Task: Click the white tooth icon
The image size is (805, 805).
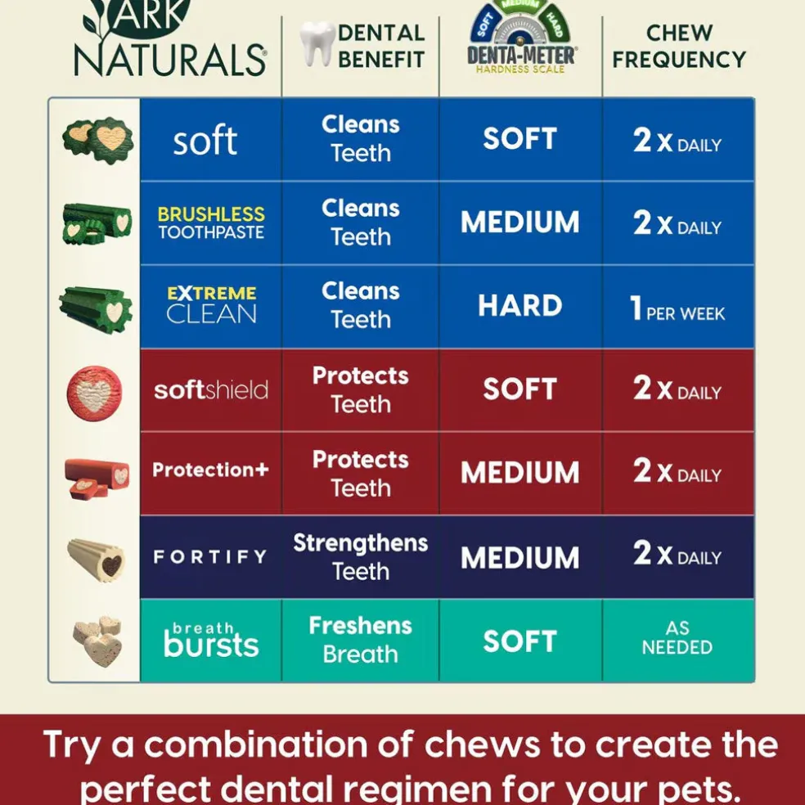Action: [x=317, y=43]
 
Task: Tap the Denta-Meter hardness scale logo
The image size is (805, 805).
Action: [x=522, y=37]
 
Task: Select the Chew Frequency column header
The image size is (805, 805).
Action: [x=679, y=46]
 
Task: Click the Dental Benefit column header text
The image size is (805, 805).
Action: [x=381, y=46]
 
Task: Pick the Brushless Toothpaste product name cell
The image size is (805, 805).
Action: [x=211, y=223]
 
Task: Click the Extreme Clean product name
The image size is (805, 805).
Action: [x=212, y=305]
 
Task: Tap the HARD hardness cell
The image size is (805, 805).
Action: [x=520, y=306]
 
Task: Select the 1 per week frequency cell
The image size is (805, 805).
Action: [x=677, y=307]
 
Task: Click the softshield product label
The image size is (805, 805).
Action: [x=211, y=389]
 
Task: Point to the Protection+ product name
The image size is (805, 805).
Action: [x=210, y=470]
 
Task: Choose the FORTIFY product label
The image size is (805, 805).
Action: [x=210, y=556]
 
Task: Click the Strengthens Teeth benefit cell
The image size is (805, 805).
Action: [x=361, y=557]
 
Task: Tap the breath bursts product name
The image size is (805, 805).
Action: [x=211, y=640]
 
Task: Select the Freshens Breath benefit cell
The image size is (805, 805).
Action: [x=361, y=641]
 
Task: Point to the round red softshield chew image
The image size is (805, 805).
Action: [x=94, y=393]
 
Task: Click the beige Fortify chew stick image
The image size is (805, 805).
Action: [x=96, y=560]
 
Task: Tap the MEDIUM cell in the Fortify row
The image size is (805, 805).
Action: [x=520, y=557]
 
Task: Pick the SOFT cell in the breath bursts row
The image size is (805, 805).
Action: [x=520, y=641]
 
